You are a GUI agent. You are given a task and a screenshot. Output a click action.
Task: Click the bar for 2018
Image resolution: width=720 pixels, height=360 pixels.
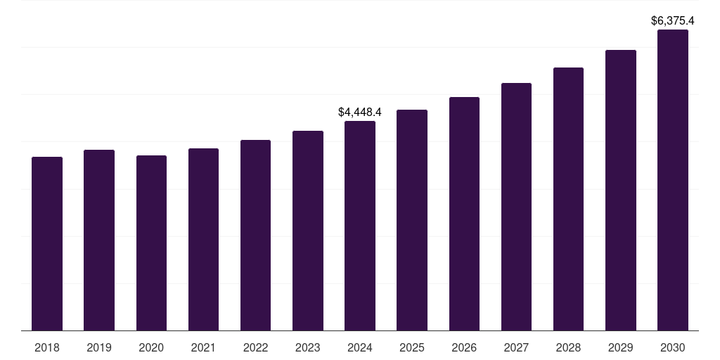47,243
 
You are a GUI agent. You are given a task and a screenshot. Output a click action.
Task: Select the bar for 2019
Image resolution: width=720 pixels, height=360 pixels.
99,240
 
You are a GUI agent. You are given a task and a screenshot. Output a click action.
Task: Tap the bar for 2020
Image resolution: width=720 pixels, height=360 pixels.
151,243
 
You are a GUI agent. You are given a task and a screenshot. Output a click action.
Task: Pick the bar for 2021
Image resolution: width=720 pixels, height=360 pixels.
203,239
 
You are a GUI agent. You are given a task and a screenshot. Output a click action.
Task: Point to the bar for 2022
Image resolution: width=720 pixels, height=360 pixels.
255,235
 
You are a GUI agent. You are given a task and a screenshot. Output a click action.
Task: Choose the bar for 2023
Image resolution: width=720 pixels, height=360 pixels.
308,231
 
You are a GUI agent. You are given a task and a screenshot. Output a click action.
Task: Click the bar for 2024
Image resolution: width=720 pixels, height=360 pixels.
360,226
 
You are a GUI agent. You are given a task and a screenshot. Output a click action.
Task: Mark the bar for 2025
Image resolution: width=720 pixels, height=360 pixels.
412,220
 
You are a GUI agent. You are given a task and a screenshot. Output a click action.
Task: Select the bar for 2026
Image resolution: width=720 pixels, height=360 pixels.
464,214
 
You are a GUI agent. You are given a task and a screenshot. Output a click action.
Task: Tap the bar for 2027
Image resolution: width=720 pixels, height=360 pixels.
516,207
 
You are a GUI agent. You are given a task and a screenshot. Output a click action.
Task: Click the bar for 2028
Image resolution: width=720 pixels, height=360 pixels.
568,199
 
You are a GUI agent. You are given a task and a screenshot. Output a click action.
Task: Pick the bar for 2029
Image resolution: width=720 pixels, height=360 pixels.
621,190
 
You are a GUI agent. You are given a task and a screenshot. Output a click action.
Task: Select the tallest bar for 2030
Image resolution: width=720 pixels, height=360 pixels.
673,180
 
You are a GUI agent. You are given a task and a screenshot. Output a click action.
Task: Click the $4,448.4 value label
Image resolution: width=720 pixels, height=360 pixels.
360,112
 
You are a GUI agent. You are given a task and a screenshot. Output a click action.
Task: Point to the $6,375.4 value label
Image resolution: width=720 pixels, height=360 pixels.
673,21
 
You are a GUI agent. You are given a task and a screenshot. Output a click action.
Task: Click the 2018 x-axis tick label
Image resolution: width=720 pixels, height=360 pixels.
47,347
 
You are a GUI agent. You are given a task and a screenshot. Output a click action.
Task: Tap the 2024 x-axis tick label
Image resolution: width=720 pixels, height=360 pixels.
360,347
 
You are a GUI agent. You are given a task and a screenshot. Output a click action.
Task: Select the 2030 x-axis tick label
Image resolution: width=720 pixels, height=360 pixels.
673,347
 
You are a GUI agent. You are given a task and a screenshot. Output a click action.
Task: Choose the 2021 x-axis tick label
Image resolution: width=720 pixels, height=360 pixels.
203,347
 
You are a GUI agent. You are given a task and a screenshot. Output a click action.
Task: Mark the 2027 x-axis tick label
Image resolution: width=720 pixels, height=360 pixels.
516,347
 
